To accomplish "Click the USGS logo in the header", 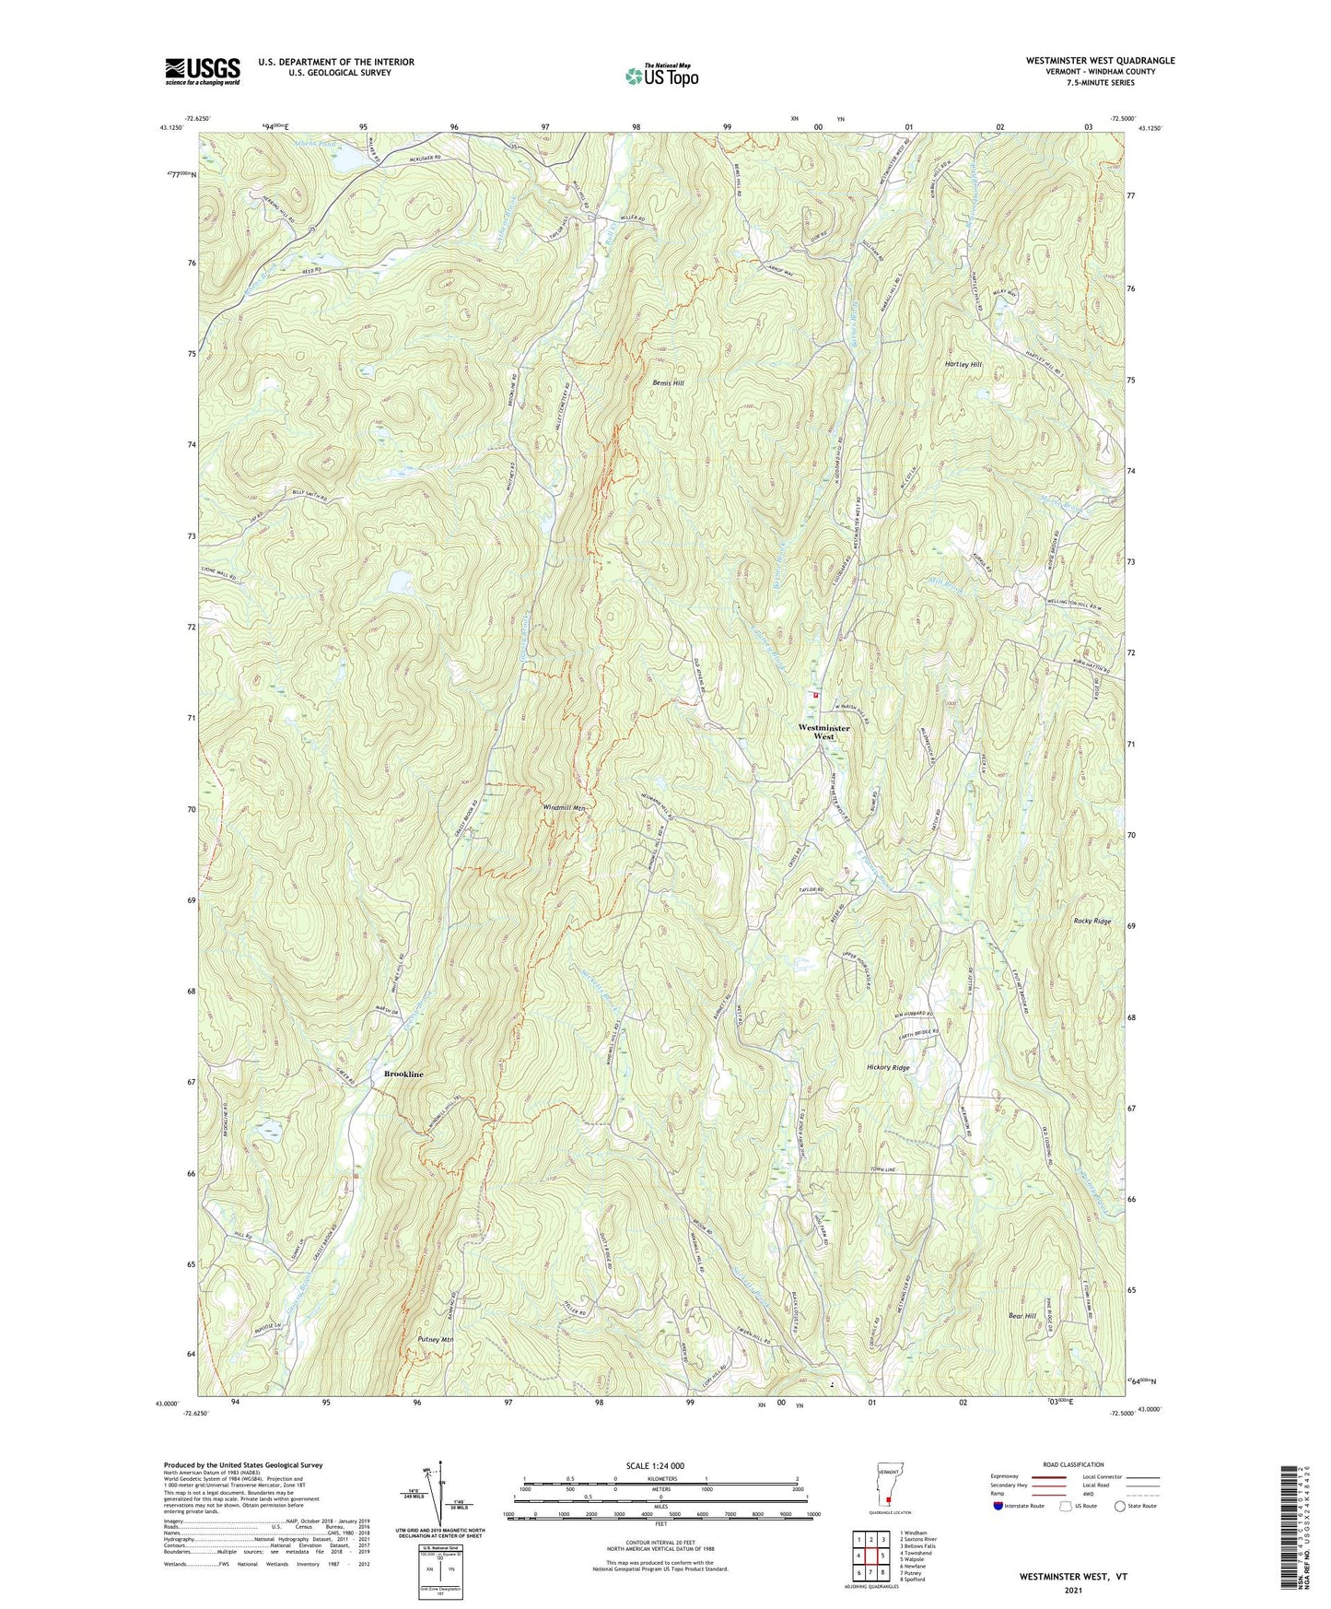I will [203, 70].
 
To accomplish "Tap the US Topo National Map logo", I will [660, 75].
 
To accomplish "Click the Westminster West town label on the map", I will [823, 733].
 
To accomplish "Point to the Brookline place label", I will [403, 1075].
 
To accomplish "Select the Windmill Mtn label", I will [565, 807].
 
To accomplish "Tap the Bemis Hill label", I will [669, 382].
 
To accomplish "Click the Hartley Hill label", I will [963, 364].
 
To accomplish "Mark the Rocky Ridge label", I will [1092, 921].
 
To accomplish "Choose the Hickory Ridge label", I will [888, 1067].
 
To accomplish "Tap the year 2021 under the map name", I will [1072, 1591].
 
